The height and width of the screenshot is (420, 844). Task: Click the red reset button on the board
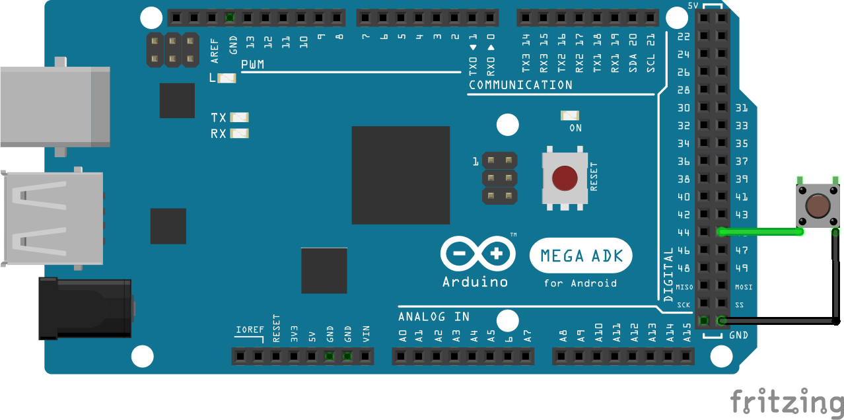click(564, 178)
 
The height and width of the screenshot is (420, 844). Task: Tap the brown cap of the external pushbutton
click(818, 206)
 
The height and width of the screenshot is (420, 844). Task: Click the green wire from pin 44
click(759, 232)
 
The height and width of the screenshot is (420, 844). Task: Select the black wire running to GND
click(779, 322)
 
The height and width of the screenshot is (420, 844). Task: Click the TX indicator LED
click(239, 118)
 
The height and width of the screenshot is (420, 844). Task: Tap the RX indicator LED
click(239, 133)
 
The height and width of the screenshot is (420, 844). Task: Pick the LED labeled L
click(227, 78)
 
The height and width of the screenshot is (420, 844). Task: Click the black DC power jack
click(85, 308)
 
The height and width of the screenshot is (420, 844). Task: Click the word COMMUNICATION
click(520, 85)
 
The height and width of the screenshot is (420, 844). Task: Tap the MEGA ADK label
click(581, 256)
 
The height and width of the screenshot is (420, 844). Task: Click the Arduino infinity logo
click(479, 254)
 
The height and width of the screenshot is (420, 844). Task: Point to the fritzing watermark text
click(786, 402)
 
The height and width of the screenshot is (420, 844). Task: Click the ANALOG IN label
click(434, 317)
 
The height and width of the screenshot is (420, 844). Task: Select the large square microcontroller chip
click(400, 175)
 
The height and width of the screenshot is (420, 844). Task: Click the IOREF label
click(250, 329)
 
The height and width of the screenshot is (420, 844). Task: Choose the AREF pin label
click(214, 50)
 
